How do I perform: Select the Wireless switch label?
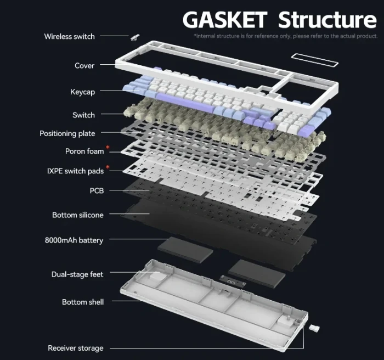pos(69,36)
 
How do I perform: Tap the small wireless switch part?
pos(134,37)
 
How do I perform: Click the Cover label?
pos(84,66)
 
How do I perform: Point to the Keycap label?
pos(82,92)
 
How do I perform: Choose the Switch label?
pos(83,115)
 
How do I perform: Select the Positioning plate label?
pos(67,133)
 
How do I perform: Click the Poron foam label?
pos(84,151)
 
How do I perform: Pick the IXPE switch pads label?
pos(75,171)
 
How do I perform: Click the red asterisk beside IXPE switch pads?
pos(108,167)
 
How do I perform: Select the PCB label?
pos(97,190)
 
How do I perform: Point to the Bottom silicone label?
pos(77,215)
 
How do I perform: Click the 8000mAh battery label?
pos(74,240)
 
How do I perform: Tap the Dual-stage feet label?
pos(77,274)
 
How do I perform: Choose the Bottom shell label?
pos(82,302)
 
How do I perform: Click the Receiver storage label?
pos(75,348)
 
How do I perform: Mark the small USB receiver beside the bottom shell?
pos(314,328)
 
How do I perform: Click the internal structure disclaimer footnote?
pos(285,36)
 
